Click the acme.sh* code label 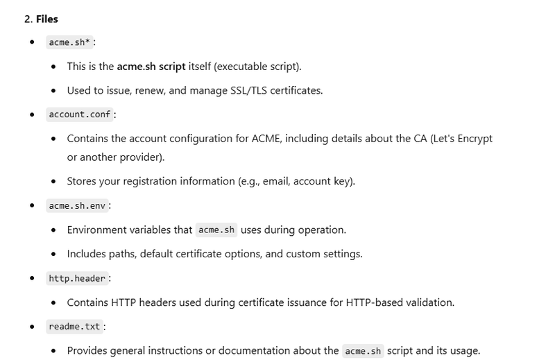click(x=69, y=42)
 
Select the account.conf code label click(x=80, y=114)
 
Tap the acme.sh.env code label click(x=77, y=206)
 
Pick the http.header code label click(x=77, y=278)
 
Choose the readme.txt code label click(x=74, y=326)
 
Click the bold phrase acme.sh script click(x=151, y=67)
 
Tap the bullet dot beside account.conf click(x=32, y=114)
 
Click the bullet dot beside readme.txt click(x=32, y=326)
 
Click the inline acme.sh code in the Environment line click(x=216, y=230)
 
